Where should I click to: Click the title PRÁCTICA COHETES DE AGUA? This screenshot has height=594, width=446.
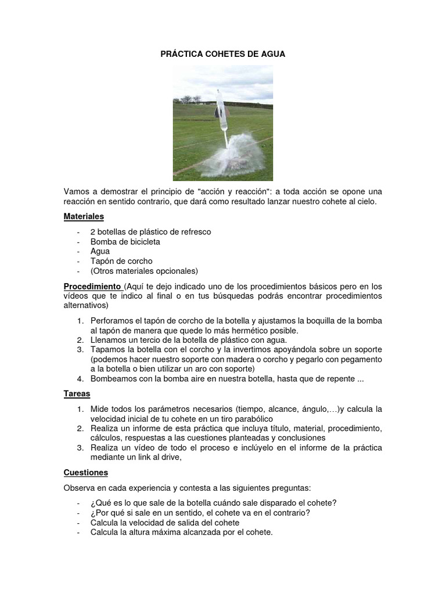[x=223, y=54]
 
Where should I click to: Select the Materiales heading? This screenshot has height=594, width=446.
[x=84, y=216]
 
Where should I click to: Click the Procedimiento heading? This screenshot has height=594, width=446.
[x=91, y=287]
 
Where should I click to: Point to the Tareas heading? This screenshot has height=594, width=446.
[x=77, y=394]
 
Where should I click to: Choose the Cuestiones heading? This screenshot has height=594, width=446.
[x=86, y=473]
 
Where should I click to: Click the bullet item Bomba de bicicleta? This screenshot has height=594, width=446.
[x=125, y=241]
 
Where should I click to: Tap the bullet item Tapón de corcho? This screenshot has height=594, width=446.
[x=121, y=261]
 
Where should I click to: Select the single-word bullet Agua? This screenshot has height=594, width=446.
[x=100, y=251]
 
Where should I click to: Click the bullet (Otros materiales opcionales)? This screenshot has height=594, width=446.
[x=144, y=271]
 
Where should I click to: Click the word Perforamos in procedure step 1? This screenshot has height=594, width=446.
[x=111, y=321]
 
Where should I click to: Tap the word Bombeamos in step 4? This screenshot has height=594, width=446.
[x=112, y=379]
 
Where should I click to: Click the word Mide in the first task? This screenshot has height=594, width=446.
[x=100, y=409]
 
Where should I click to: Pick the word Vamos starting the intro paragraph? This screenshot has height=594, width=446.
[x=77, y=191]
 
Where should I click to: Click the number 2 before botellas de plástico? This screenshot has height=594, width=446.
[x=93, y=231]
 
